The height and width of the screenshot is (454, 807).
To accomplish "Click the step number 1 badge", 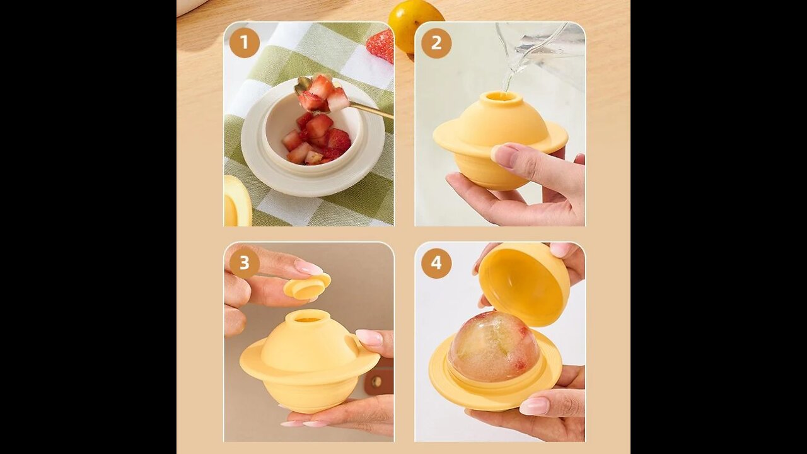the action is (245, 42).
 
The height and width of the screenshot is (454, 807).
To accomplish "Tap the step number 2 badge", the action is (436, 44).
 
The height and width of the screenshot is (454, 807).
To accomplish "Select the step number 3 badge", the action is (245, 263).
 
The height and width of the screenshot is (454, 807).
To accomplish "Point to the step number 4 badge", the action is (436, 263).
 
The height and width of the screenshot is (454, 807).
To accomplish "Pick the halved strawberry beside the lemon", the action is (380, 45).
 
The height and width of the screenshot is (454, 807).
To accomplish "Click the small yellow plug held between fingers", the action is (307, 286).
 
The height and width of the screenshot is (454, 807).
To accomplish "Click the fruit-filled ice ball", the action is (494, 347).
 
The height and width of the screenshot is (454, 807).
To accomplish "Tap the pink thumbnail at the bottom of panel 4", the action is (535, 407).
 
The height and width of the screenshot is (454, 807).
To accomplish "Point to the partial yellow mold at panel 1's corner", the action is (237, 201).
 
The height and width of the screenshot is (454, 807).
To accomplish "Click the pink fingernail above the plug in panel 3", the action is (309, 267).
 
